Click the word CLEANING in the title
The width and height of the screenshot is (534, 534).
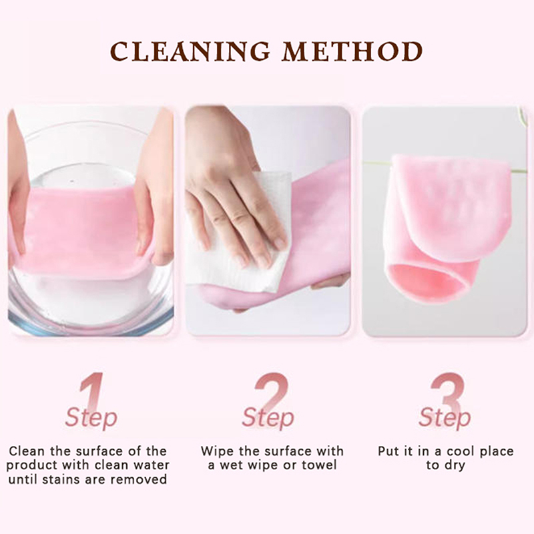(190, 51)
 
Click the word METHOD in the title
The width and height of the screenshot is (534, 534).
(352, 51)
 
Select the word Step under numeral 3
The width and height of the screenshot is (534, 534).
(445, 418)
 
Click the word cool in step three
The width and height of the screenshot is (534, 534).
(461, 451)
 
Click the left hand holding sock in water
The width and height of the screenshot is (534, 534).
(18, 191)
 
